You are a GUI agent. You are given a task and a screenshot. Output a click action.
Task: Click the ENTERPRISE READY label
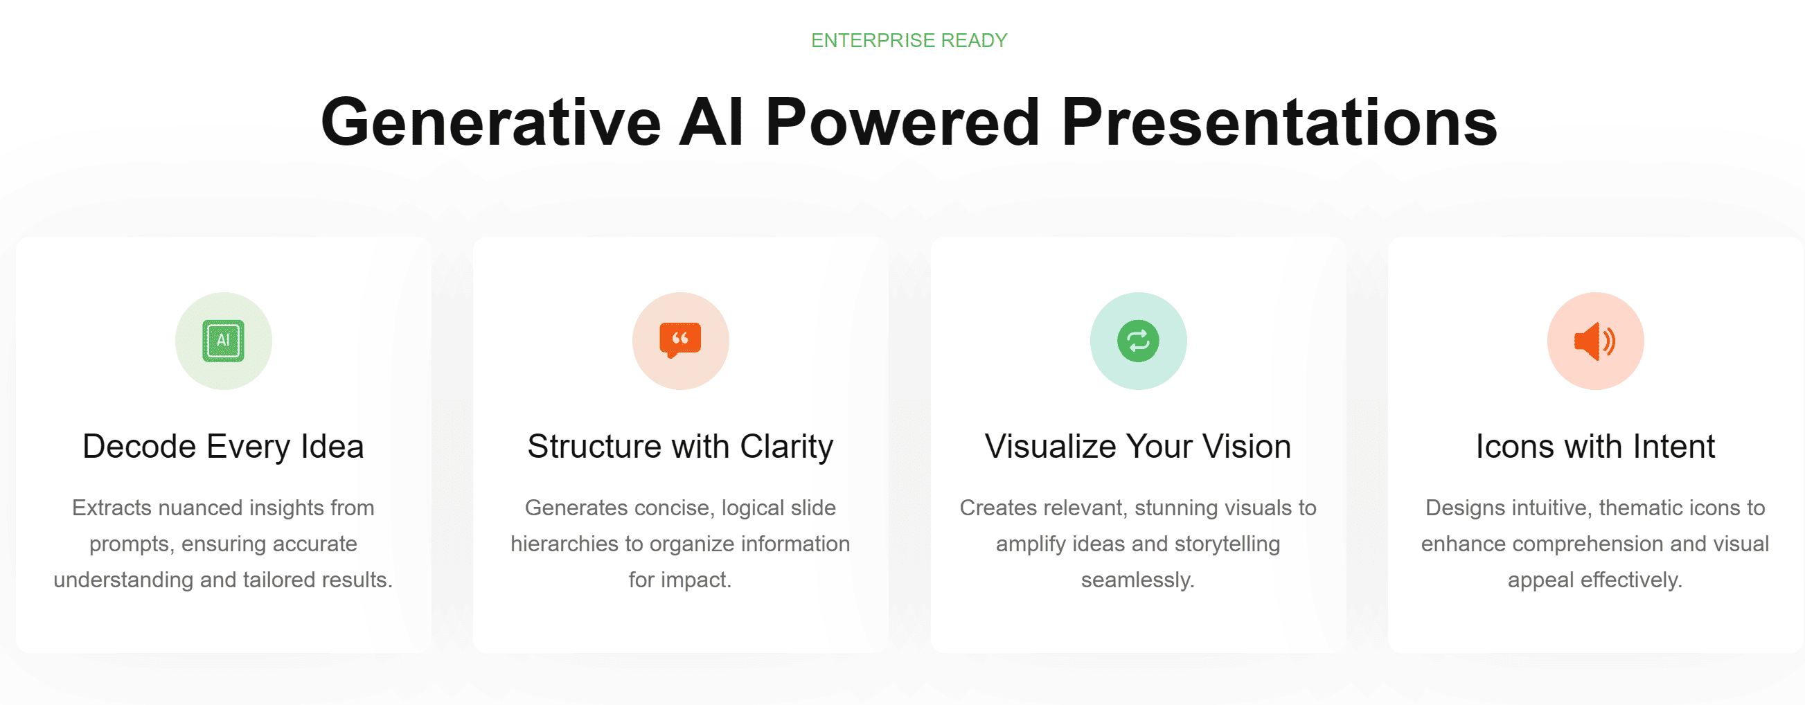909,41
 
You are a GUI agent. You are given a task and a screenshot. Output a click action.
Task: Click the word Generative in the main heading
491,122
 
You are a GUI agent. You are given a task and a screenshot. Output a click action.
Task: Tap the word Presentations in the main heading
1279,122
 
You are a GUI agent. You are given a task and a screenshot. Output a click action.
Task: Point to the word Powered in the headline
902,122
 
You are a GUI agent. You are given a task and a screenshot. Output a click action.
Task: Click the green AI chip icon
224,341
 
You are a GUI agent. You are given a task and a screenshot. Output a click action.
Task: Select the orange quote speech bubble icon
680,340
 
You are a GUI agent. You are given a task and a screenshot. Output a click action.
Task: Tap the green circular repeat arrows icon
1138,341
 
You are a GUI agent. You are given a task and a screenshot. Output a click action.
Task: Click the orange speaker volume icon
1595,341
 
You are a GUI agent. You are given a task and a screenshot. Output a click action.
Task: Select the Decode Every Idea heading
224,447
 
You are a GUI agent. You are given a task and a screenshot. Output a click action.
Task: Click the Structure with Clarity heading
680,447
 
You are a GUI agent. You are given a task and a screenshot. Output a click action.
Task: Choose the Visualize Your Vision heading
1138,447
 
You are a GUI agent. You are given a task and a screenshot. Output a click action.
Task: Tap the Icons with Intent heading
1596,447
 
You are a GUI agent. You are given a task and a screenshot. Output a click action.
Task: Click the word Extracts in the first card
112,508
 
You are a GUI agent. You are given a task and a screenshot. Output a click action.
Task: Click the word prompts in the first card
132,544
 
